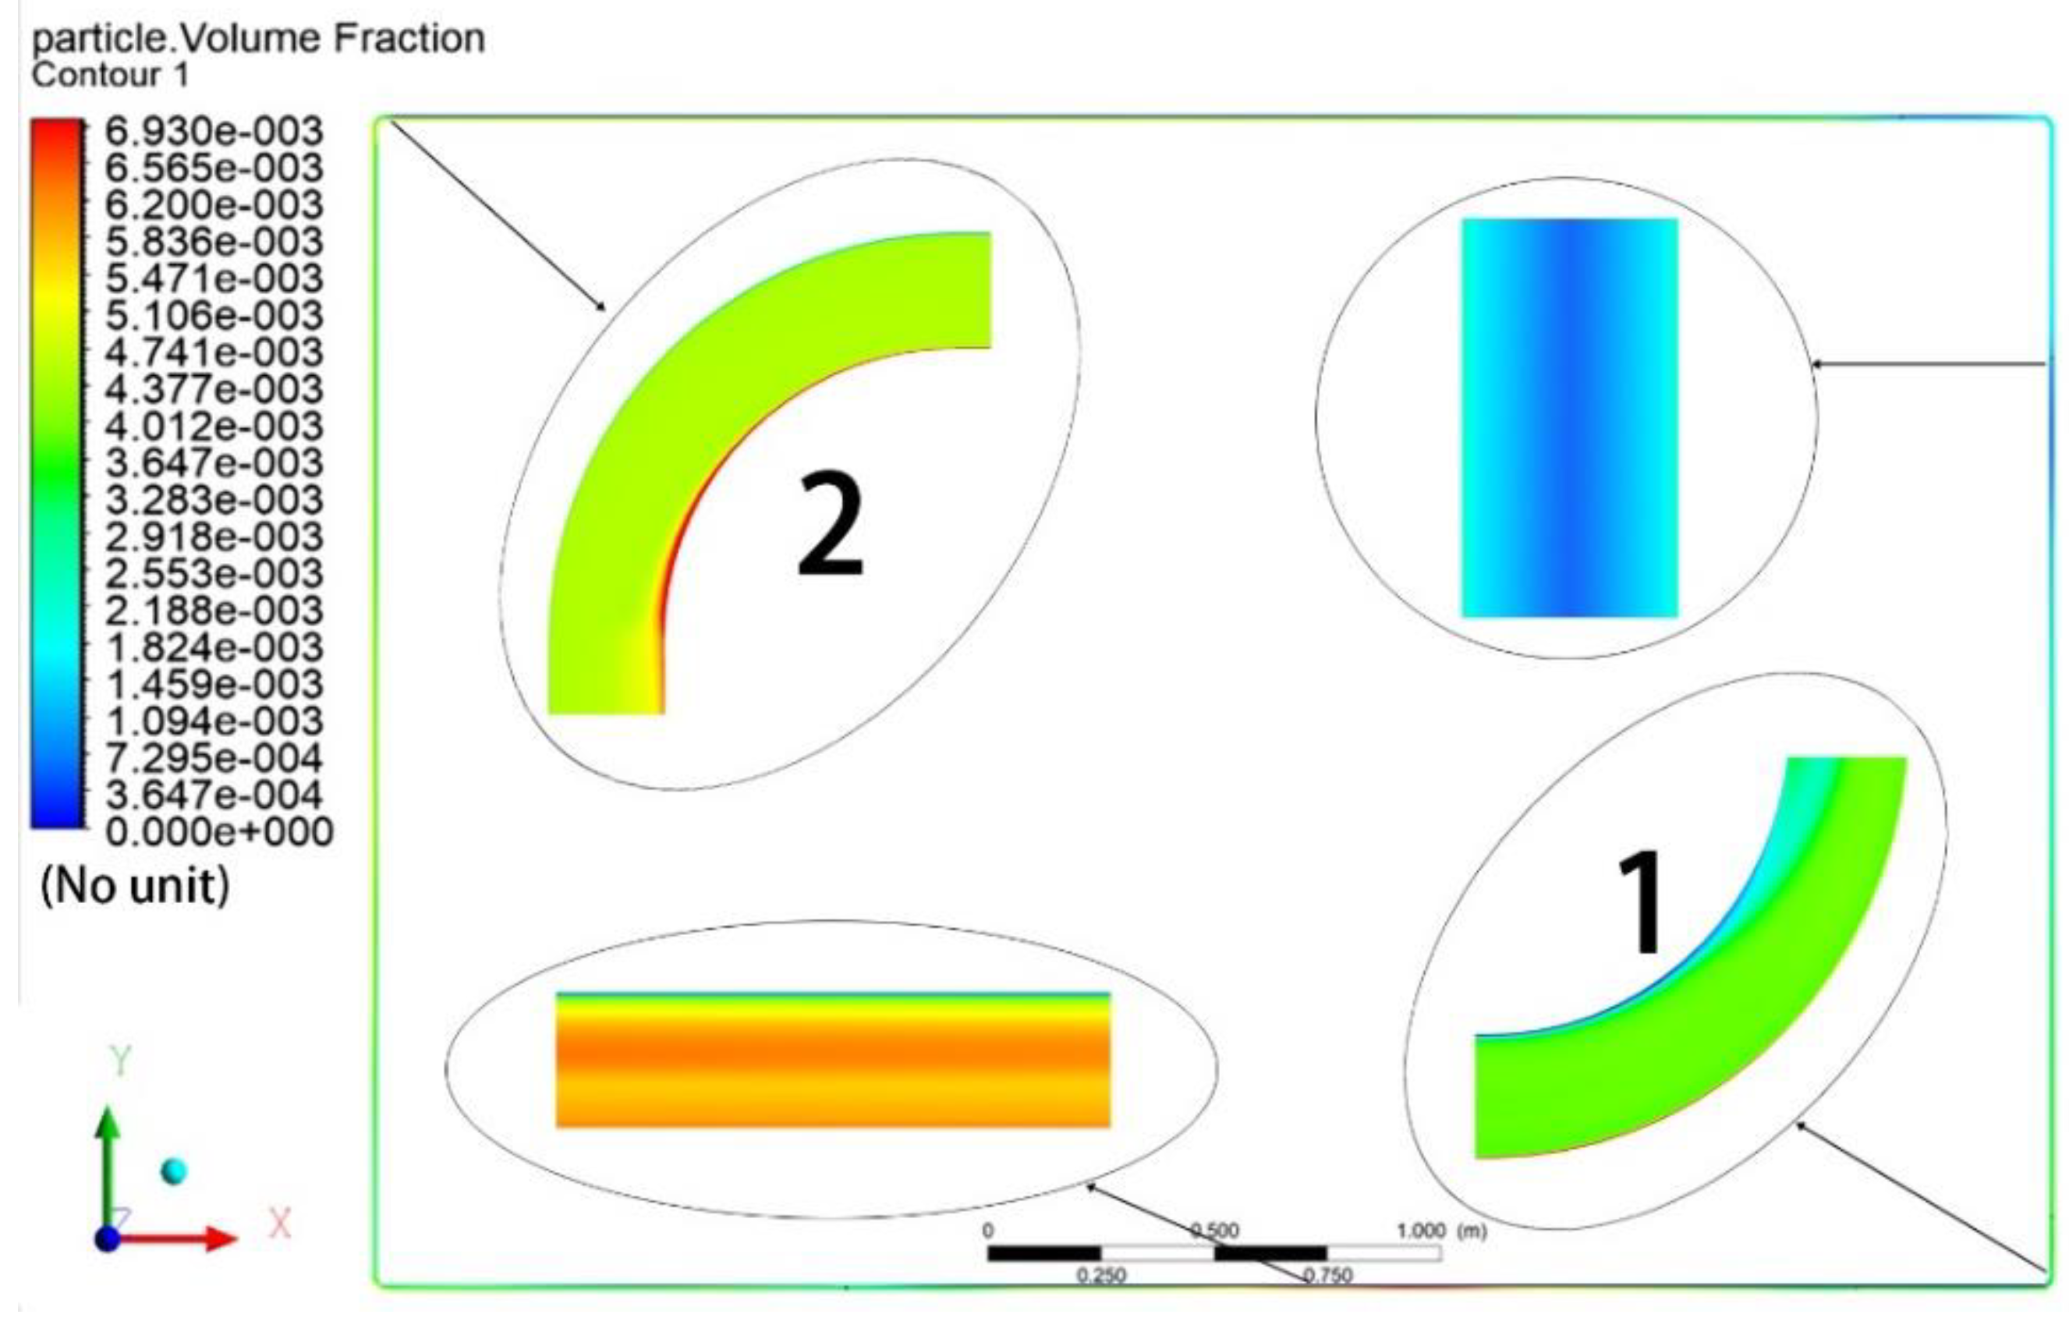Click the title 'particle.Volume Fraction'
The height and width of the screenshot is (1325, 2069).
coord(258,38)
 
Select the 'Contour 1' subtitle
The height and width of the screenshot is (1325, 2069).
coord(109,76)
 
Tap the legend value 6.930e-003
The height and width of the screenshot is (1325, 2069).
coord(214,132)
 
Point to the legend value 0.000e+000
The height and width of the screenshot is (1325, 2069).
coord(219,832)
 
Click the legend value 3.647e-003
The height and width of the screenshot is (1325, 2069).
coord(214,463)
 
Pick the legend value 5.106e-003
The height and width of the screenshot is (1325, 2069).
coord(214,316)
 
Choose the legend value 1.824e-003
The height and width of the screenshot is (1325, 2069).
coord(214,648)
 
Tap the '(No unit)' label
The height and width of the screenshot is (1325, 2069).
coord(136,886)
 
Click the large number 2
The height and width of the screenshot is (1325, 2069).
coord(831,524)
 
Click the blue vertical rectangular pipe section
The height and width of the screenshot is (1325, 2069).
coord(1569,418)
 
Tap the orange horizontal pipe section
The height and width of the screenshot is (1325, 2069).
coord(833,1060)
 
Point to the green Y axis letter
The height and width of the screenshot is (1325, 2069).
coord(120,1061)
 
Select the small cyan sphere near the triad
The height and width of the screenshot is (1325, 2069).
coord(174,1171)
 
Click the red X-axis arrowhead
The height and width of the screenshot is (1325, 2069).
coord(221,1239)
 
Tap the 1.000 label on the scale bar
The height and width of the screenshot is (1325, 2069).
coord(1421,1231)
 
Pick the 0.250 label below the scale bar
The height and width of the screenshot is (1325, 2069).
coord(1101,1275)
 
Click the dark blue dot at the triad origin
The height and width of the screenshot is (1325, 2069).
coord(107,1239)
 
